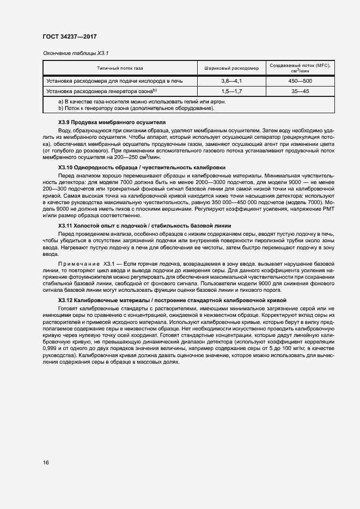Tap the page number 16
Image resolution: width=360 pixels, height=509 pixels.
point(46,462)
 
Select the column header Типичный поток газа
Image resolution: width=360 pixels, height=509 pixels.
point(120,69)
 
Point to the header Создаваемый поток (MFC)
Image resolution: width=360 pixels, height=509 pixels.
point(300,65)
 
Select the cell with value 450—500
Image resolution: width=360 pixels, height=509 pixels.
point(300,81)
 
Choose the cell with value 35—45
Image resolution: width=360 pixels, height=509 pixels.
point(300,91)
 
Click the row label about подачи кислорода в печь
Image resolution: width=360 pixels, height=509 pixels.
point(114,81)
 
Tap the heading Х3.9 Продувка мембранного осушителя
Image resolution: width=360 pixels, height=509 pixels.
point(111,122)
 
